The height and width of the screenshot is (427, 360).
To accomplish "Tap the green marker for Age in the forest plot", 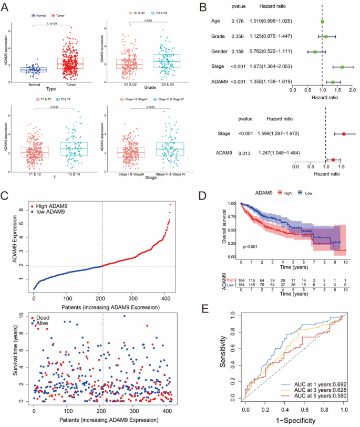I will point(322,22).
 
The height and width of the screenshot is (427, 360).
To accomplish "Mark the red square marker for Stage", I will point(344,134).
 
